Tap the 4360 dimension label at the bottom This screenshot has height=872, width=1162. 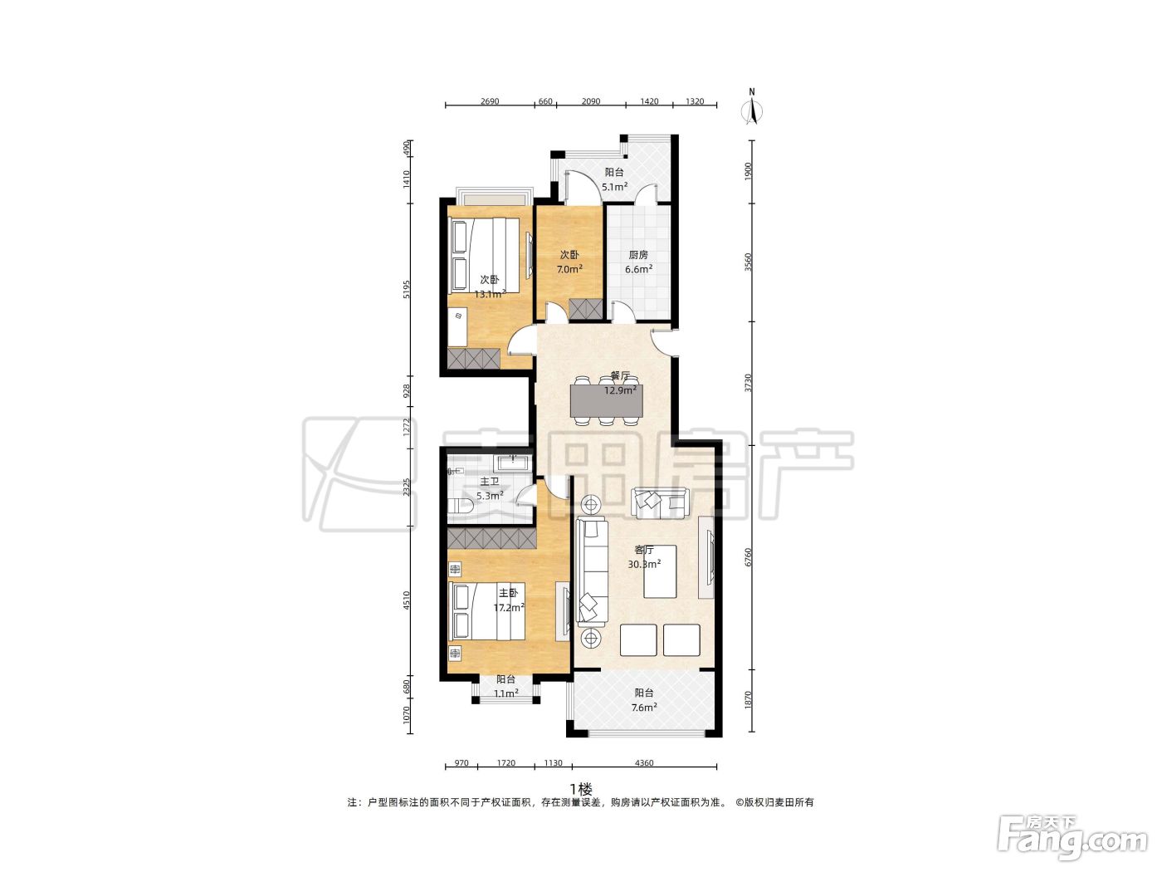[x=644, y=763]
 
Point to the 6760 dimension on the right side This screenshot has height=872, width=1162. [x=748, y=557]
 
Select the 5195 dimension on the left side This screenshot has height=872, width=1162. [x=406, y=289]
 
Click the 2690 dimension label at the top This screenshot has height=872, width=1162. [x=490, y=101]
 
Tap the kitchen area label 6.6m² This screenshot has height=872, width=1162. [x=638, y=269]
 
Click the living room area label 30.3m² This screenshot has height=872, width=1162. [x=644, y=565]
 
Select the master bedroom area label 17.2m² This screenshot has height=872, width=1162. [x=510, y=608]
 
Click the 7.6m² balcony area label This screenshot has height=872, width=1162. [x=644, y=708]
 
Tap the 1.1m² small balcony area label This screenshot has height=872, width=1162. [x=505, y=693]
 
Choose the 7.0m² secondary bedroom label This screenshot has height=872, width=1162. [x=569, y=269]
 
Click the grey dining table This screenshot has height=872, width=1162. [x=606, y=401]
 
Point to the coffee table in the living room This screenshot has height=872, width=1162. [x=660, y=571]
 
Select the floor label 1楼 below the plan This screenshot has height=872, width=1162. [x=581, y=790]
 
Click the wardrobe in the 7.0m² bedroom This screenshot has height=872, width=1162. [x=586, y=309]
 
